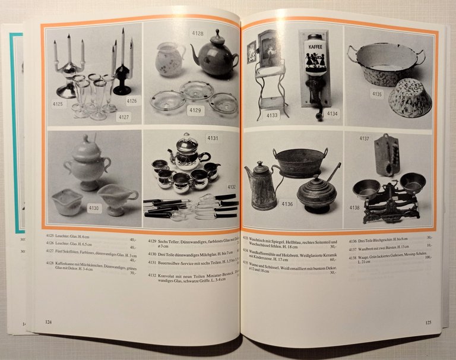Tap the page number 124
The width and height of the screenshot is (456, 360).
(x=49, y=322)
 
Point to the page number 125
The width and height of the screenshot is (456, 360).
(x=429, y=323)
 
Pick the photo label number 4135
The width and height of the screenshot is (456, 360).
(x=377, y=94)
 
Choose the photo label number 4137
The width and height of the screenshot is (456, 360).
(x=365, y=139)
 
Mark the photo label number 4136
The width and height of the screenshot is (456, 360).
(x=287, y=204)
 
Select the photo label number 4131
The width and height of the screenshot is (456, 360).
(x=213, y=138)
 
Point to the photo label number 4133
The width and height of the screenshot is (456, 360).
(x=273, y=115)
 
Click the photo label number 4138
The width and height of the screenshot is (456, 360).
(x=354, y=208)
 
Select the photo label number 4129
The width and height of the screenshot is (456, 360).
(x=196, y=110)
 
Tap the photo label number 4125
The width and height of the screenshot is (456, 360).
(x=58, y=104)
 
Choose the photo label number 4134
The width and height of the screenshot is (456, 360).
(x=331, y=113)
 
